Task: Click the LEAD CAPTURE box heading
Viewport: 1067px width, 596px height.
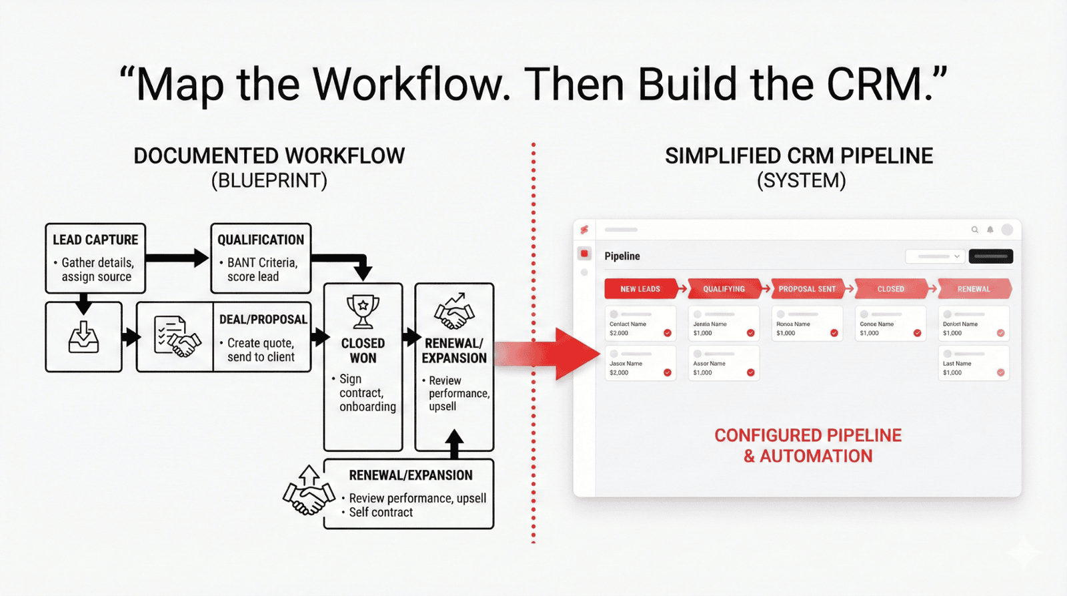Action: (95, 240)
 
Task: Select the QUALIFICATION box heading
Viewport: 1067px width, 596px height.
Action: (261, 240)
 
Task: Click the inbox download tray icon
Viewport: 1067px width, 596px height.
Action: (84, 337)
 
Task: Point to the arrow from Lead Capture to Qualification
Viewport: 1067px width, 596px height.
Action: (177, 258)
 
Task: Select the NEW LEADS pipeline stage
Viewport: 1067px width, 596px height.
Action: (640, 289)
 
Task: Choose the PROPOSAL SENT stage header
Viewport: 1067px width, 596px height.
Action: (807, 289)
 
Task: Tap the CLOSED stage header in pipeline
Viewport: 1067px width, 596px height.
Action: (890, 289)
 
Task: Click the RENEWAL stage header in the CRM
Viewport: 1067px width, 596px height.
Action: (974, 289)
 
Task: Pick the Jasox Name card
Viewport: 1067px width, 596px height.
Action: (640, 364)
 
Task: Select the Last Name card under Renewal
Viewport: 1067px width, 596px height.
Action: (974, 364)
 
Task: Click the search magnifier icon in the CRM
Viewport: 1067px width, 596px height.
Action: (975, 230)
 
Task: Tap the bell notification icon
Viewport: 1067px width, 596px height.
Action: (990, 230)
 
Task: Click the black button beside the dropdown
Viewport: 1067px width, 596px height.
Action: (991, 256)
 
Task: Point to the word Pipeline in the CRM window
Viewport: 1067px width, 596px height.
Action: (622, 256)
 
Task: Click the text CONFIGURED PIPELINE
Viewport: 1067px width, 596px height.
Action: (808, 436)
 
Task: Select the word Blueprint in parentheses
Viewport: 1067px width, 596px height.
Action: (269, 181)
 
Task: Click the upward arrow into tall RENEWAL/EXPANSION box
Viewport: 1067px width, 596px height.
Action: (454, 444)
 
